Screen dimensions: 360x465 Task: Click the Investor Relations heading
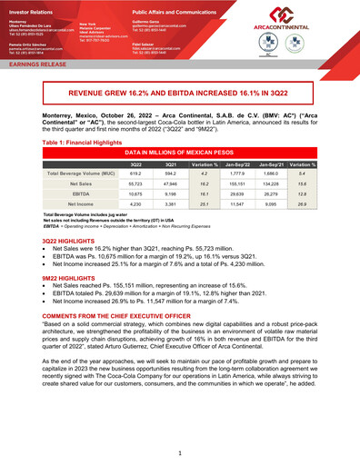[x=29, y=7]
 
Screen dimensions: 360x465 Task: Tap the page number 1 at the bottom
[x=181, y=451]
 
